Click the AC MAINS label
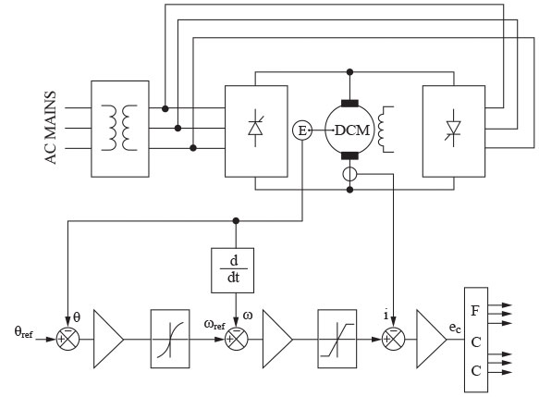click(x=50, y=128)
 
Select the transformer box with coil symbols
click(x=120, y=129)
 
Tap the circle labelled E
click(x=302, y=130)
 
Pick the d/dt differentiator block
click(x=233, y=270)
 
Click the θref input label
click(x=24, y=332)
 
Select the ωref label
click(x=214, y=324)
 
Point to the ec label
click(x=455, y=328)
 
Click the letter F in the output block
click(x=475, y=311)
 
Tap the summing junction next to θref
click(x=67, y=339)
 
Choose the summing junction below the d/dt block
click(x=237, y=339)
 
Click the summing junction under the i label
click(x=394, y=339)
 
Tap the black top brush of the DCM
click(x=350, y=104)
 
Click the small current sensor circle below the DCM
click(x=350, y=174)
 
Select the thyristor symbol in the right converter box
click(x=454, y=128)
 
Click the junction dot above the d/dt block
click(x=236, y=221)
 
